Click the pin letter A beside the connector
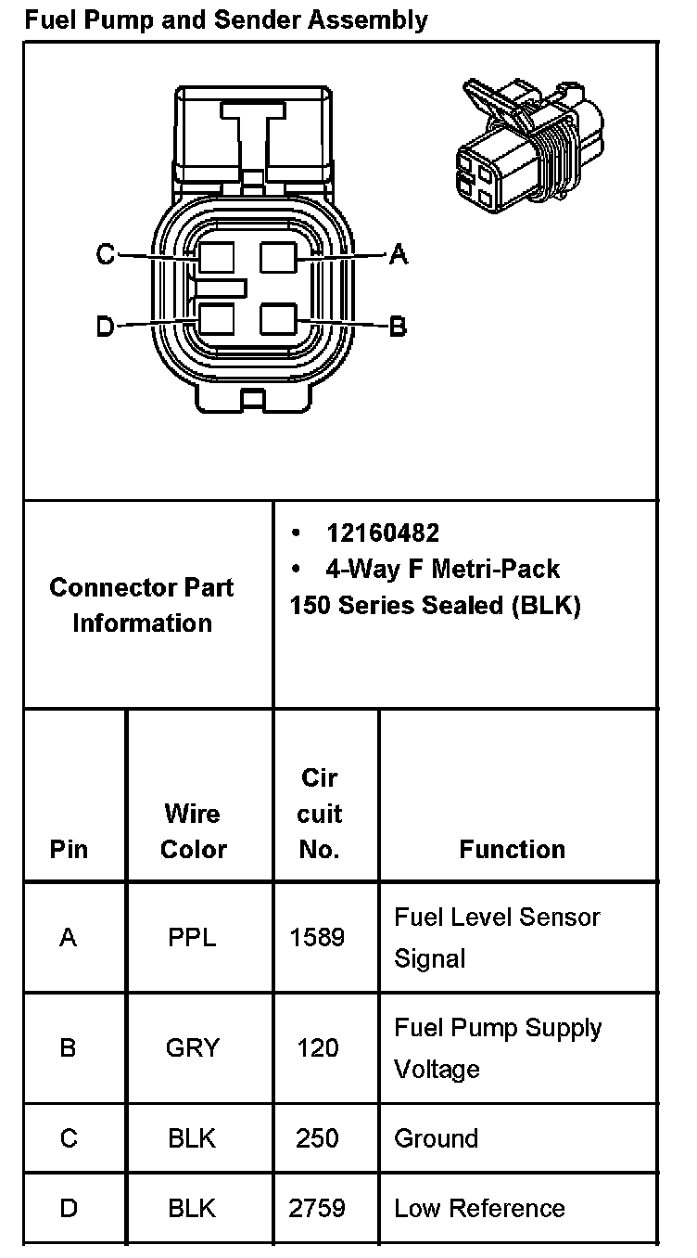(x=399, y=253)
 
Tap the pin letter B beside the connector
(x=398, y=327)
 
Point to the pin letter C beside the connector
(x=105, y=254)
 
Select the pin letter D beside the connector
(x=105, y=326)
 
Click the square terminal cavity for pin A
(x=278, y=256)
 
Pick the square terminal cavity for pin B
(x=278, y=319)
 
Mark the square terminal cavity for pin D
(x=216, y=320)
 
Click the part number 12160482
(x=382, y=533)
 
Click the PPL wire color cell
(x=192, y=937)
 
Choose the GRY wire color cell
(x=193, y=1048)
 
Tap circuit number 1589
(x=317, y=937)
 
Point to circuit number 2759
(x=317, y=1208)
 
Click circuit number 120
(x=317, y=1048)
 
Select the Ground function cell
(x=437, y=1138)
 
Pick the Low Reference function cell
(x=479, y=1208)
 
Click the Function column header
(x=512, y=849)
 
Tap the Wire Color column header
(x=193, y=831)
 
